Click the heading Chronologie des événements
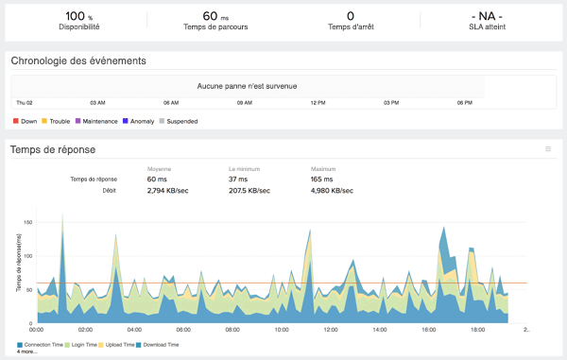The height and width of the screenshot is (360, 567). [78, 61]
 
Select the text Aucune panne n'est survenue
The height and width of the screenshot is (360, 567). [247, 86]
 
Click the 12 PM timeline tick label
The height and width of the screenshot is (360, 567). [318, 102]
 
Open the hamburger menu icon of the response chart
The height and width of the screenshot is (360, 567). [548, 148]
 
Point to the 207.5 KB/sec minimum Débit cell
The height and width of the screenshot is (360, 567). [250, 190]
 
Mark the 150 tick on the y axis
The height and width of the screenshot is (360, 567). [28, 223]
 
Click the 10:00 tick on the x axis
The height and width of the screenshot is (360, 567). [281, 330]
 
